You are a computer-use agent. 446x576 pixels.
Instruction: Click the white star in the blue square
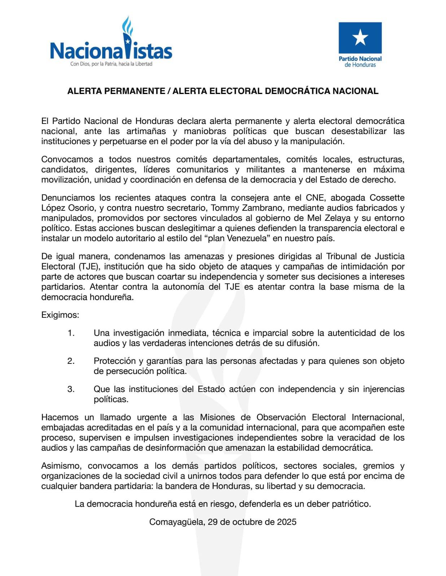(360, 37)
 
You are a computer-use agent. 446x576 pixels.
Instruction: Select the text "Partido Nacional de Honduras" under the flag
(360, 62)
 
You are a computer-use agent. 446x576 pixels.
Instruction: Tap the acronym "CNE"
(315, 198)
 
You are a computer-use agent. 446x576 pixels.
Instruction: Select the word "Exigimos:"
(60, 315)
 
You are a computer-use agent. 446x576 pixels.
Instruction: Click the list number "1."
(71, 333)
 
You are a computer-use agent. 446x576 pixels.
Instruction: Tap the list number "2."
(71, 361)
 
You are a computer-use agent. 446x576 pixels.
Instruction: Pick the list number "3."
(71, 389)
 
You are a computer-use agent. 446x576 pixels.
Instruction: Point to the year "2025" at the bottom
(287, 522)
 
